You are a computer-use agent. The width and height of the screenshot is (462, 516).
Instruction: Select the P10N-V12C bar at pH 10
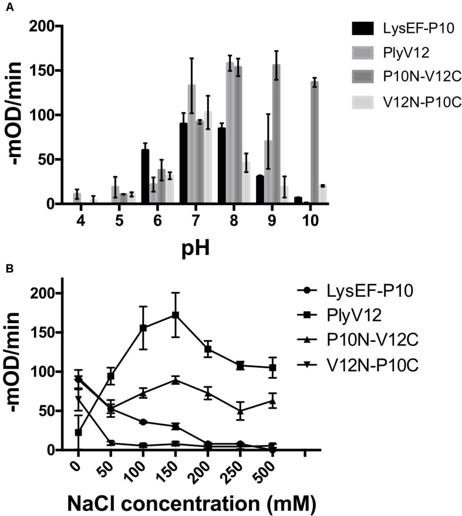click(x=315, y=142)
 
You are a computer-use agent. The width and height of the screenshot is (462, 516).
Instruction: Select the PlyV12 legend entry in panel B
click(x=390, y=315)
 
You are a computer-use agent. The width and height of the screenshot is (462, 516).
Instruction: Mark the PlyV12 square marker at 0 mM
click(x=78, y=433)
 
